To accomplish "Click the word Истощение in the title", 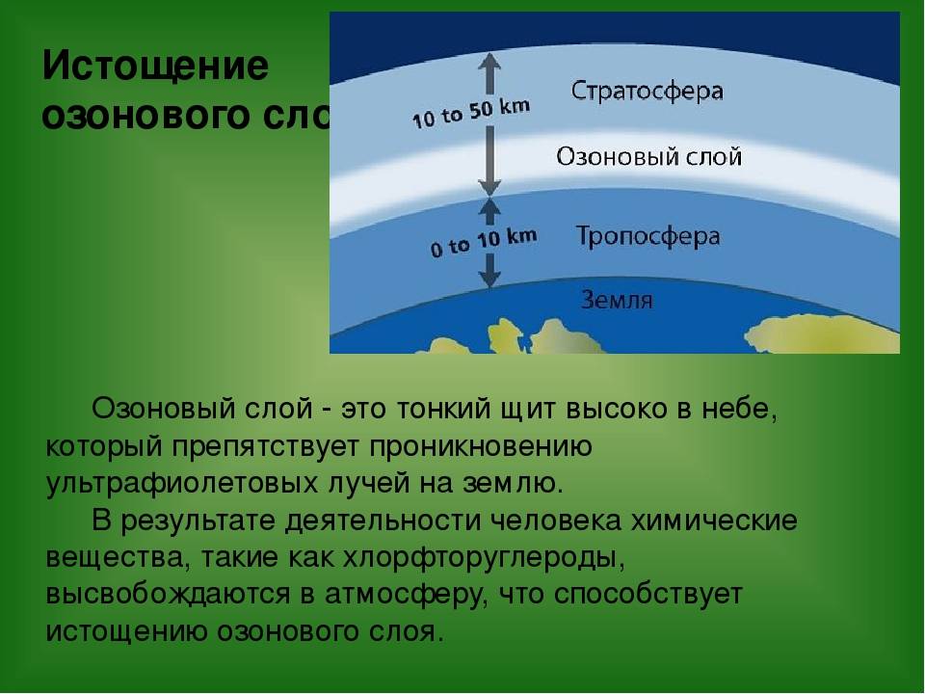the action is point(155,66).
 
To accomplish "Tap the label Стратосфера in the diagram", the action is point(647,91).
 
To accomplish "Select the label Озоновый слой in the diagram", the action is point(648,156).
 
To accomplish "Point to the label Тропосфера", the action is point(647,237).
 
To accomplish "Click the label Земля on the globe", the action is point(617,300).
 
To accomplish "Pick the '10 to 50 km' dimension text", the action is point(471,113).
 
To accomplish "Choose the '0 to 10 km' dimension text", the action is point(484,243).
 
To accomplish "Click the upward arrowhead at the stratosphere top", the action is point(489,62).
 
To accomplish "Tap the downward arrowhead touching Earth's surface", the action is point(489,278).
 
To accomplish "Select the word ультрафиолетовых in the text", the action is point(182,484).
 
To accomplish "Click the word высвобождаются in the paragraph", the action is point(168,595).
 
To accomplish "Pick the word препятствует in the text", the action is point(266,447).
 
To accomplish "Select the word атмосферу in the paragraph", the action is point(407,595).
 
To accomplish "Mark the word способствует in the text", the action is point(647,595).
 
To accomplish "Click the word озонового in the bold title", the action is point(147,116).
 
